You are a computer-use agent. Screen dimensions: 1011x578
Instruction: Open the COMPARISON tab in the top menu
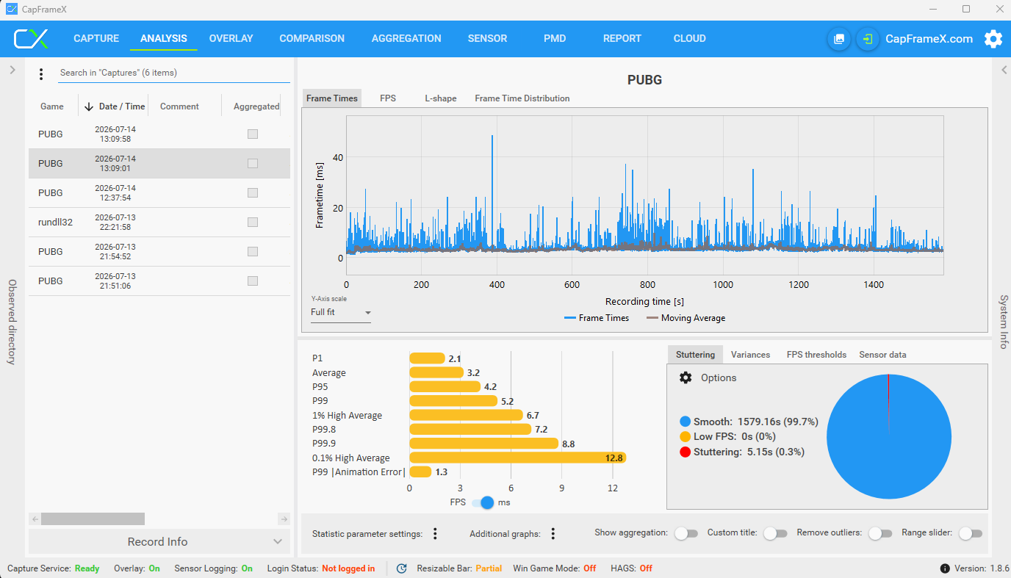click(312, 39)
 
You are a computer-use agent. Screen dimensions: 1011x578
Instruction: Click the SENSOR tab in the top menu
click(487, 39)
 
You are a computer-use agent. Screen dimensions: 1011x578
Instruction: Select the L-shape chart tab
click(441, 98)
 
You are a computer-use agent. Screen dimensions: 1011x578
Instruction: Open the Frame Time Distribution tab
click(522, 98)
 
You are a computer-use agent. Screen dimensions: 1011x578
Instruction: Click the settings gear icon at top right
click(993, 39)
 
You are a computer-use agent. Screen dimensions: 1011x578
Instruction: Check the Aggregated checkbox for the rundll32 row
click(253, 223)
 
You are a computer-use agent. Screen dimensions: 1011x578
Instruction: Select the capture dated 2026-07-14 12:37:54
click(115, 193)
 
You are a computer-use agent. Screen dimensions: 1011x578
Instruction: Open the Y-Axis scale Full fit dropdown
click(340, 312)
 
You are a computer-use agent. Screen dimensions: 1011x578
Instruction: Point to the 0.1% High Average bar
click(518, 458)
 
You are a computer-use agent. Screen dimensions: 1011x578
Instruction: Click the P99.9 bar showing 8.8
click(484, 444)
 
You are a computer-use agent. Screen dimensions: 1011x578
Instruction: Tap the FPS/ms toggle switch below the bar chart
click(483, 502)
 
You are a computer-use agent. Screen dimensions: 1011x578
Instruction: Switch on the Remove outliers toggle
click(880, 534)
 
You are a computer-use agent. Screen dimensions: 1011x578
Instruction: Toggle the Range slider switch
click(971, 534)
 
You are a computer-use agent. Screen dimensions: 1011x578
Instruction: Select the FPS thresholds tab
click(816, 355)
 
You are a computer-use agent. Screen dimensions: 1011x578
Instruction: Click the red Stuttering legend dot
click(685, 452)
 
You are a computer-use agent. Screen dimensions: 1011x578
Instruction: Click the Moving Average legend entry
click(686, 318)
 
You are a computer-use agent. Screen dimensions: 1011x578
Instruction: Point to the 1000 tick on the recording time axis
click(723, 285)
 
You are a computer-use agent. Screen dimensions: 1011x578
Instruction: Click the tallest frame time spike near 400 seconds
click(492, 135)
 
